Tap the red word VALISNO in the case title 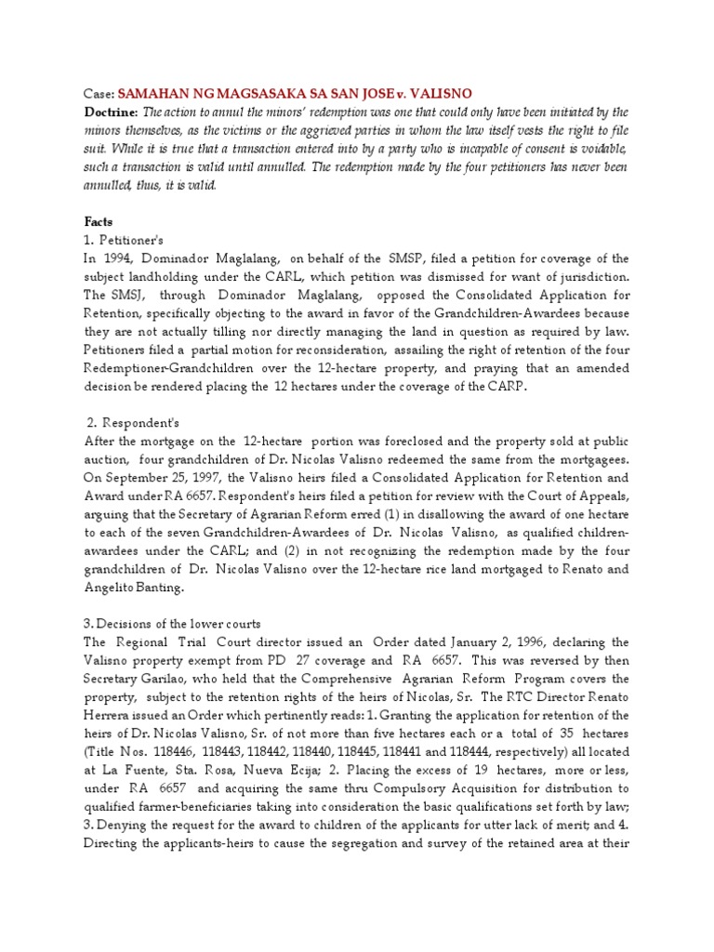(x=438, y=94)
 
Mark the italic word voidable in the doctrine (x=599, y=148)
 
